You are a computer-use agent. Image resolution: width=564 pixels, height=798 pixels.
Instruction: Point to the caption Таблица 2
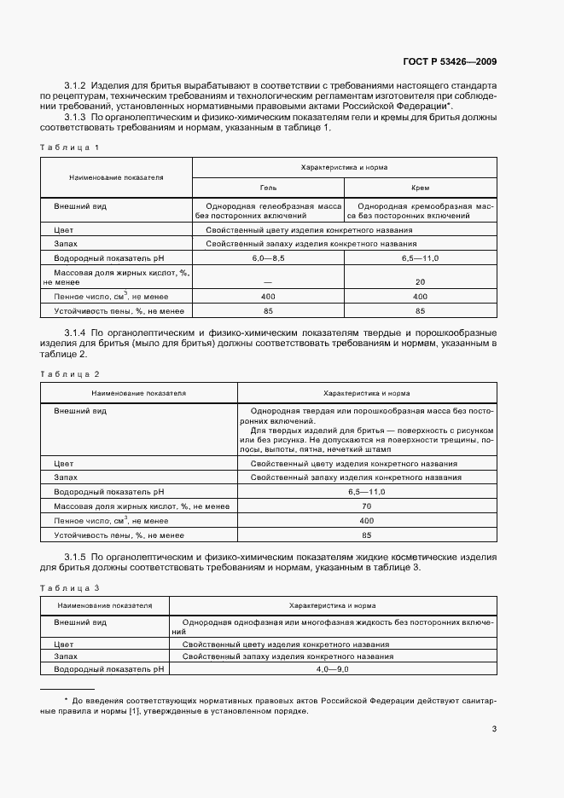[70, 374]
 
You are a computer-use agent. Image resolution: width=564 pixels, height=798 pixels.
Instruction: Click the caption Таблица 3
[70, 588]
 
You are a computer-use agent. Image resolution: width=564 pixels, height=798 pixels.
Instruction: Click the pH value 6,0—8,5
[268, 257]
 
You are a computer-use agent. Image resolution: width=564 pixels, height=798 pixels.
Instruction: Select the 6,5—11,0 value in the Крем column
[420, 257]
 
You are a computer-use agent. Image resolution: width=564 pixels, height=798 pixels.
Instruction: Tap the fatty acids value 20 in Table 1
[420, 281]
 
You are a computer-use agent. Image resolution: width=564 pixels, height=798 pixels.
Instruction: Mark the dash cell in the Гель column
[268, 281]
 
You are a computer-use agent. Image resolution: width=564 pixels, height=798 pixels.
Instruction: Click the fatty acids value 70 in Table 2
[367, 506]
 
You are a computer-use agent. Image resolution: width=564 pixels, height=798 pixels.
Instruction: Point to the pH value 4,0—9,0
[332, 670]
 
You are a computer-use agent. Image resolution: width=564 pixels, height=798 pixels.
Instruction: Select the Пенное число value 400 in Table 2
[367, 520]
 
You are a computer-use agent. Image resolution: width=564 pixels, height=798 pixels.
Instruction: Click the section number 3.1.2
[78, 85]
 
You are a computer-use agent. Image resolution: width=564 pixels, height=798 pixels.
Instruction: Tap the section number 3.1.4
[78, 331]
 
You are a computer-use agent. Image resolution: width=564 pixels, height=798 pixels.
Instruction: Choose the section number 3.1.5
[78, 557]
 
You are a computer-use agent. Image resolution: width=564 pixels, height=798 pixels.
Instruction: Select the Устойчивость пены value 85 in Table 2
[367, 535]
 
